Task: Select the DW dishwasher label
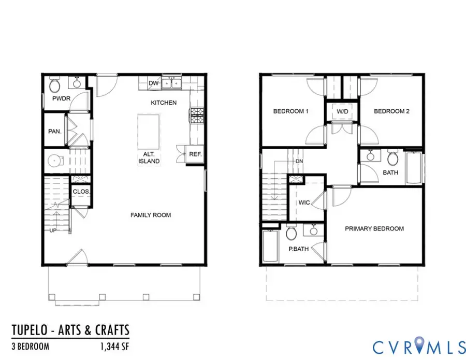tap(153, 83)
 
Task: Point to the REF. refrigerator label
tap(195, 154)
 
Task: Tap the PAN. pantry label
tap(55, 132)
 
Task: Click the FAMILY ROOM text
tap(151, 215)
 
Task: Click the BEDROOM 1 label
tap(291, 111)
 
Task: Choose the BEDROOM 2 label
tap(391, 111)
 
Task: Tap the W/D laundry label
tap(342, 111)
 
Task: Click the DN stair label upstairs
tap(299, 161)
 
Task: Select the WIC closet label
tap(304, 203)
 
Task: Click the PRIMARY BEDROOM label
tap(374, 228)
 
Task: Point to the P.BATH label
tap(299, 249)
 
